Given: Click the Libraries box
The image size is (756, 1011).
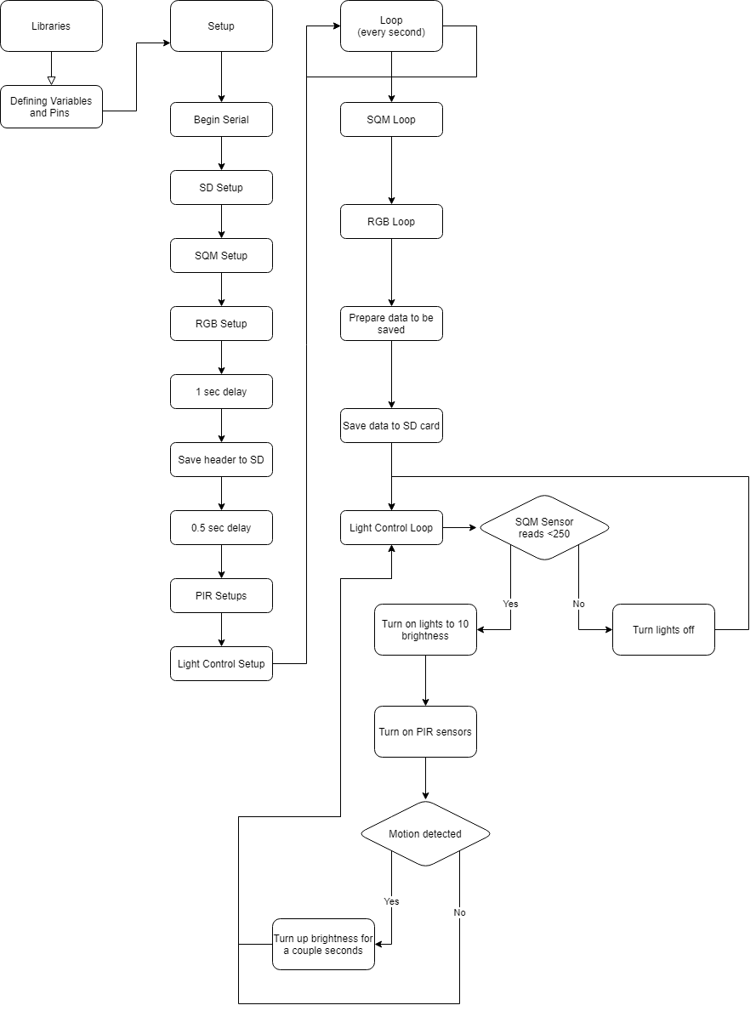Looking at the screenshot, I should (x=51, y=26).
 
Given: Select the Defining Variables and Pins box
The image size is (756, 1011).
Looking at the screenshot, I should (x=51, y=106).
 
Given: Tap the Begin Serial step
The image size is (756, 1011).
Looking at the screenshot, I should (x=221, y=120).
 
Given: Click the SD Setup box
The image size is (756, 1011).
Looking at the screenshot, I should (x=221, y=188).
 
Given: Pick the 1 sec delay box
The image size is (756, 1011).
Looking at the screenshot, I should (x=221, y=392).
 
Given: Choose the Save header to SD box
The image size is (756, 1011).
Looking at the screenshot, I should (x=221, y=460).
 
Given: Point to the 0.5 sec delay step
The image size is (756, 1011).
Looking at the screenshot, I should (x=221, y=528).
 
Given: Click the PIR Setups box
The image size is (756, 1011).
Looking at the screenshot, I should (x=221, y=596).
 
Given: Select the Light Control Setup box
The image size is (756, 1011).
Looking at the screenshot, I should (x=221, y=664).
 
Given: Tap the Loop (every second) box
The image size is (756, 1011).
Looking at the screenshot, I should (x=391, y=26).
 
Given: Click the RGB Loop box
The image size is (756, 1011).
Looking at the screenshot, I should (x=391, y=222).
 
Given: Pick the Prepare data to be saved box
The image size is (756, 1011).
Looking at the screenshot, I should (x=391, y=324).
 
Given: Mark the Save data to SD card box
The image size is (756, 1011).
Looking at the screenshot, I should (x=391, y=426).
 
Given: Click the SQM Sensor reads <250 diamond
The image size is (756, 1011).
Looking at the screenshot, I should (x=544, y=528).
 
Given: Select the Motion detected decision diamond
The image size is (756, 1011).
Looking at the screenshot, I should (x=425, y=834).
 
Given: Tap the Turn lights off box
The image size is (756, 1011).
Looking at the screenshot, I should (x=663, y=630).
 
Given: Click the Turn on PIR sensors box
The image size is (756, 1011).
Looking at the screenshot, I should (x=425, y=732).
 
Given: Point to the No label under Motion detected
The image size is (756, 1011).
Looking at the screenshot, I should (x=459, y=912).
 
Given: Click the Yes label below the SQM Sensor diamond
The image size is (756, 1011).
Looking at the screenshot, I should (x=510, y=604).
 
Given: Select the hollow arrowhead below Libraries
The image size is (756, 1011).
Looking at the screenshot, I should (x=51, y=81).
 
